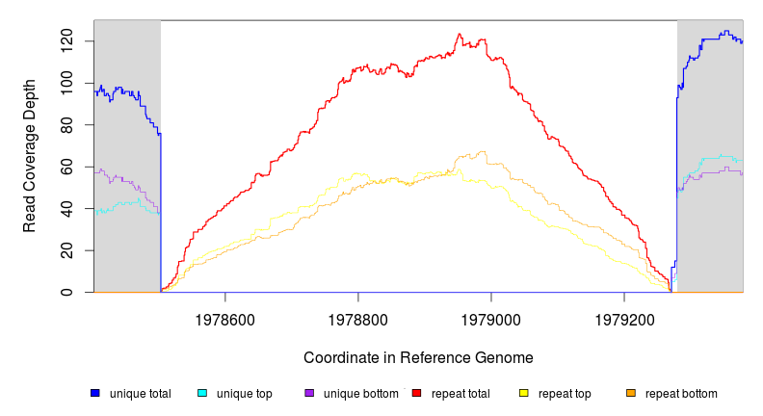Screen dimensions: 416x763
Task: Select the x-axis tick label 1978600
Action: tap(225, 318)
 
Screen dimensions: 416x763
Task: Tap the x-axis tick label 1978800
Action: tap(358, 318)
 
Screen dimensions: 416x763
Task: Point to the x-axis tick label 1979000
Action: tap(491, 318)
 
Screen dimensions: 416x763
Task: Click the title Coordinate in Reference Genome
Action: tap(418, 357)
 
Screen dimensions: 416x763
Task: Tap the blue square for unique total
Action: tap(95, 393)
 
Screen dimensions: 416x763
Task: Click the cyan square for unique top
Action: tap(202, 393)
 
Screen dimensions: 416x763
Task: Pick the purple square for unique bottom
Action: tap(309, 393)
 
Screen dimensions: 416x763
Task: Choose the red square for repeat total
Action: tap(416, 393)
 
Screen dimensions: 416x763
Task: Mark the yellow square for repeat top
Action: tap(524, 393)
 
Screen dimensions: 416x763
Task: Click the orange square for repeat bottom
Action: tap(631, 393)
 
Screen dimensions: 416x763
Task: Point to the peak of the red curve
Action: tap(460, 34)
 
